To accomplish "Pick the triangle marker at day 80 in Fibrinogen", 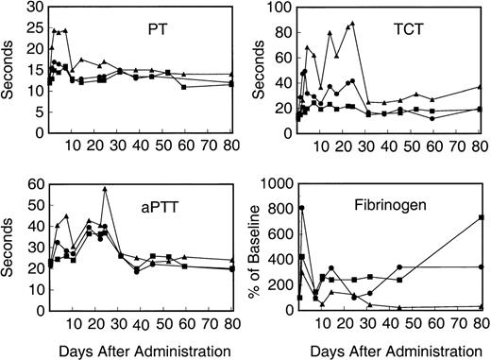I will point(483,306).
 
